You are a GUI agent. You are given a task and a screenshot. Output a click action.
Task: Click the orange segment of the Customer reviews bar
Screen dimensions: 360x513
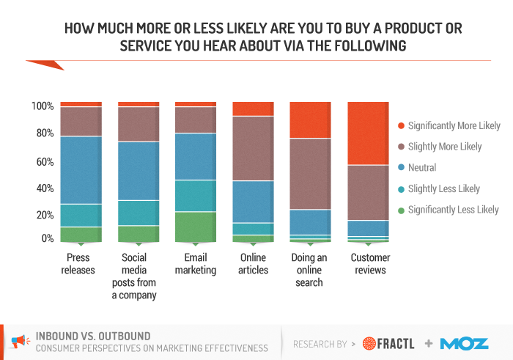368,133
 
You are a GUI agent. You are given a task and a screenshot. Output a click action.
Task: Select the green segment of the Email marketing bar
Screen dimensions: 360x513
196,227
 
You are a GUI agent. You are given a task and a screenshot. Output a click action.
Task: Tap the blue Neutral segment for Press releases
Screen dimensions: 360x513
81,170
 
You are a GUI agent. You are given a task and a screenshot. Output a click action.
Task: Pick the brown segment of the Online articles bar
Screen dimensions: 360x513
253,148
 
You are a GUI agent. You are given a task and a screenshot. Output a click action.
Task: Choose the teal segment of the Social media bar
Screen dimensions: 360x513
139,213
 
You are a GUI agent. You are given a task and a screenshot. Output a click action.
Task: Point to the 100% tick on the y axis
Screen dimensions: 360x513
43,106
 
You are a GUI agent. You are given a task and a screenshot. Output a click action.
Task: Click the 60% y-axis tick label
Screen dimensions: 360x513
43,161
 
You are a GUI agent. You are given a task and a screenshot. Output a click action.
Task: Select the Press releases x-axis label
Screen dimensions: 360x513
81,264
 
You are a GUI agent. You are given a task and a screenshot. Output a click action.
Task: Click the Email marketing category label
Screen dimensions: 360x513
196,264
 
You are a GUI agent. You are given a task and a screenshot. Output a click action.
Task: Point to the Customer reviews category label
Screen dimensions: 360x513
370,264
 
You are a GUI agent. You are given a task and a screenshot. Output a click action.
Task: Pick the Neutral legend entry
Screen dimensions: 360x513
422,168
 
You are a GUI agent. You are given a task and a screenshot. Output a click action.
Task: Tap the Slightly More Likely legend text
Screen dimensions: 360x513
445,147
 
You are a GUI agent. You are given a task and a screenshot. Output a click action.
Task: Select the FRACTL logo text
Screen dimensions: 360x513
399,343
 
